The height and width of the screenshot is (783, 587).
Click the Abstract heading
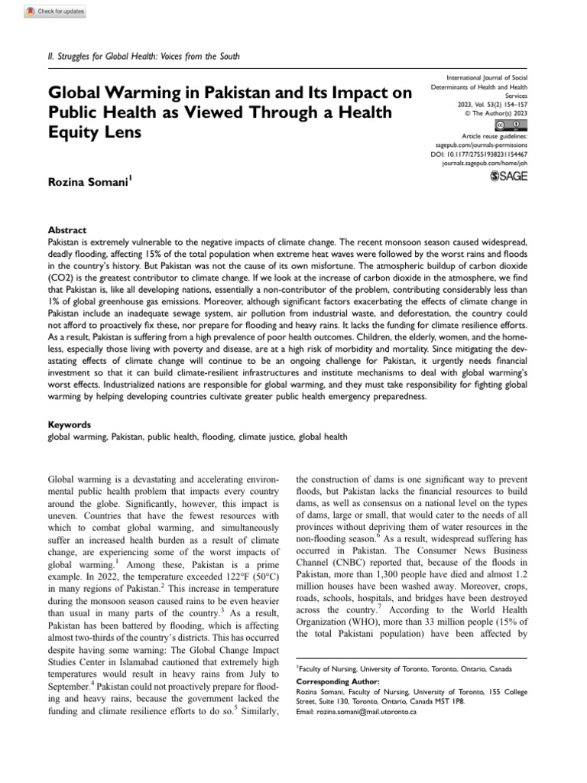pyautogui.click(x=67, y=230)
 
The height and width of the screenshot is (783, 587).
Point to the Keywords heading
pyautogui.click(x=70, y=424)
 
